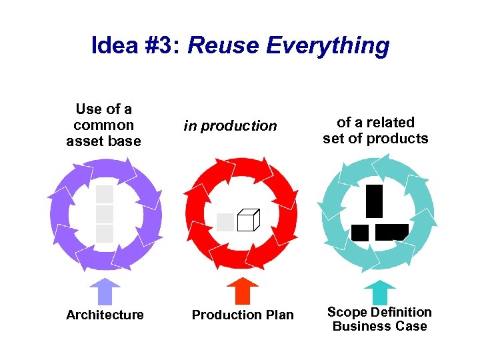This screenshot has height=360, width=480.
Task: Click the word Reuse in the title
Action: click(x=223, y=46)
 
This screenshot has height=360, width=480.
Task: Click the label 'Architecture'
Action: click(x=105, y=315)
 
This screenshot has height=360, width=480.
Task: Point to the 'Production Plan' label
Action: click(x=243, y=315)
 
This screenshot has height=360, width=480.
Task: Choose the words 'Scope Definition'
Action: click(x=379, y=312)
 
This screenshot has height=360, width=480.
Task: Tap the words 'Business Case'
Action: click(x=379, y=326)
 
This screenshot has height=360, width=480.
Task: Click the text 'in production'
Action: click(x=230, y=125)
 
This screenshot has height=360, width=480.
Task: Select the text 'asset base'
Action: click(x=103, y=141)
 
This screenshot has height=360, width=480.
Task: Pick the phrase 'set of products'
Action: click(x=375, y=139)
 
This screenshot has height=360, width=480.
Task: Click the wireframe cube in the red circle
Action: click(x=248, y=220)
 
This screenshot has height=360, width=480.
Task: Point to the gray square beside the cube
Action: click(x=225, y=222)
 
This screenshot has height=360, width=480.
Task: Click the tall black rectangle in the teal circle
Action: click(x=374, y=201)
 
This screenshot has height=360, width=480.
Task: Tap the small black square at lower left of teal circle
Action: click(x=360, y=233)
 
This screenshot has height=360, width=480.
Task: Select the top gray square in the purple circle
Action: click(x=105, y=194)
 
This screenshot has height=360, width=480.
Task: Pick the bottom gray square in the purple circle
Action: click(x=105, y=233)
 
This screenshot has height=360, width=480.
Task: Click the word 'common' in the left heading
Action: click(x=103, y=125)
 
